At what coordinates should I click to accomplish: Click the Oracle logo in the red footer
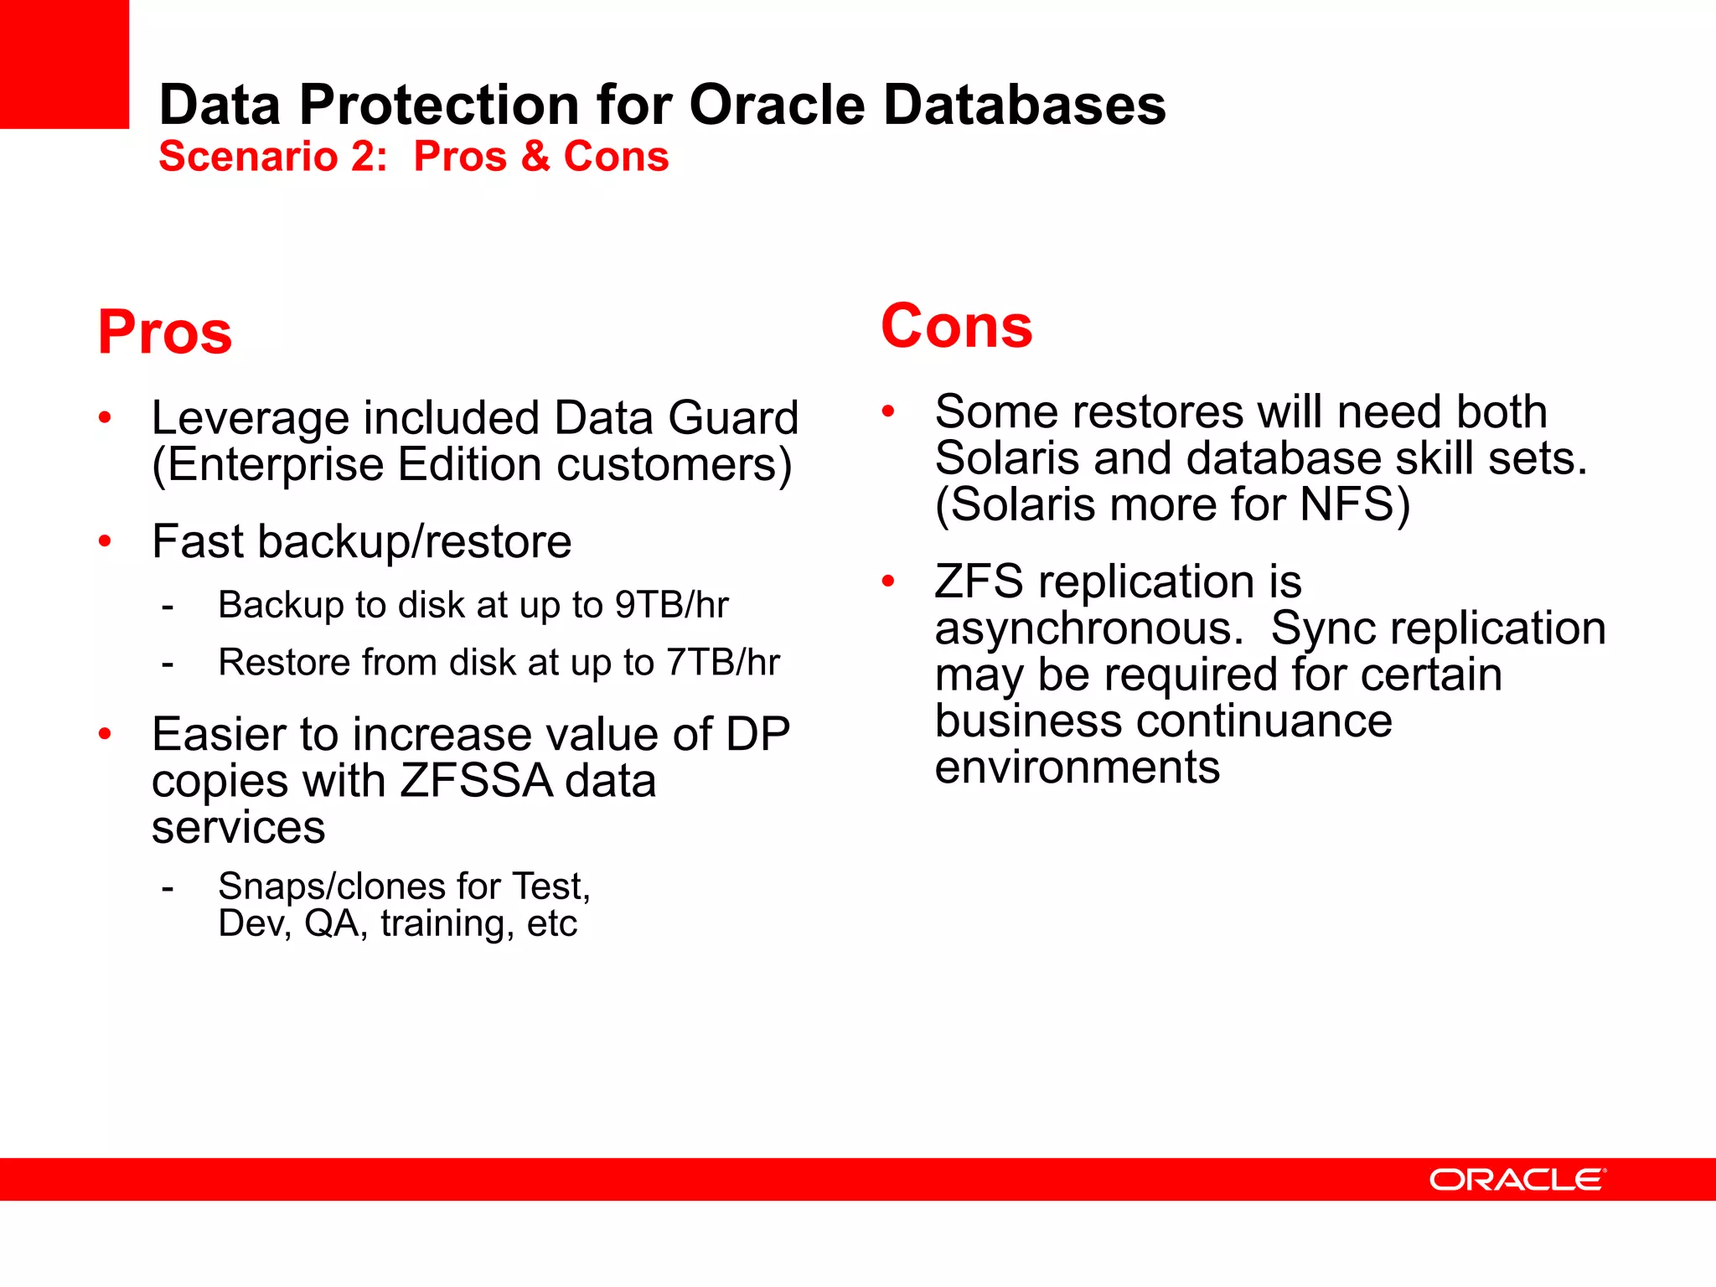(x=1517, y=1180)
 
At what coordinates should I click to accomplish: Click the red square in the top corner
(x=64, y=64)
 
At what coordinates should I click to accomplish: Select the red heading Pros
(x=165, y=333)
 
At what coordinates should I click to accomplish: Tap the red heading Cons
(x=957, y=326)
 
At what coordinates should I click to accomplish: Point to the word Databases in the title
(x=1024, y=106)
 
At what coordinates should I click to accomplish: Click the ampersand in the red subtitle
(x=535, y=157)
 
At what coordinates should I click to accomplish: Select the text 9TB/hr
(x=671, y=605)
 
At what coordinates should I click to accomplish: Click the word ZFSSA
(x=476, y=781)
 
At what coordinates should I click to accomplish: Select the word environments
(x=1078, y=768)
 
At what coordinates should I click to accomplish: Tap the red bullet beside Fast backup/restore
(x=105, y=541)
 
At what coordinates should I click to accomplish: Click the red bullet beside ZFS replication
(x=888, y=581)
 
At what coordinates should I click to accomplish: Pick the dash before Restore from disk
(x=168, y=664)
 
